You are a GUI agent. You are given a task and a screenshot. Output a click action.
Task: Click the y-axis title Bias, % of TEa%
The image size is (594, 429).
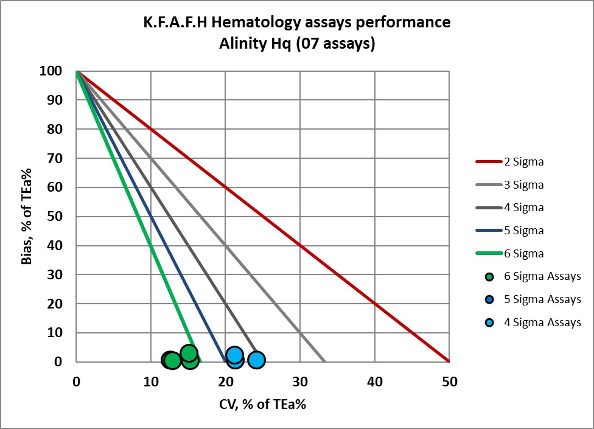click(25, 216)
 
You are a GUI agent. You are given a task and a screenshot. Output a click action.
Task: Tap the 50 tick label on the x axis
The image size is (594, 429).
click(449, 382)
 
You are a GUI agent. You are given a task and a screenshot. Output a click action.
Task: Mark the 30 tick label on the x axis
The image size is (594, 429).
click(299, 382)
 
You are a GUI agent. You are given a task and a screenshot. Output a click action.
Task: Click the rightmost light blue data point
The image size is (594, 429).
click(256, 360)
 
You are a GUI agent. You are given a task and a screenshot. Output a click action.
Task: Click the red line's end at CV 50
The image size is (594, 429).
click(449, 361)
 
